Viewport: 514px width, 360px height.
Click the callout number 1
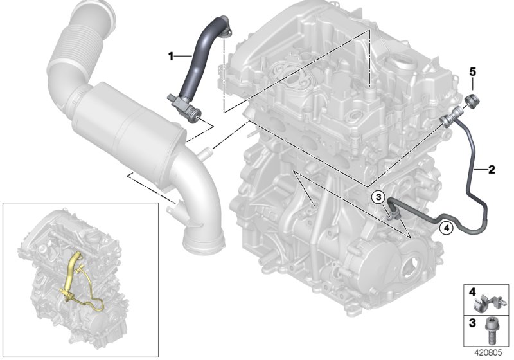click(172, 57)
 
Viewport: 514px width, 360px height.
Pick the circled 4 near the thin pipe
click(445, 226)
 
